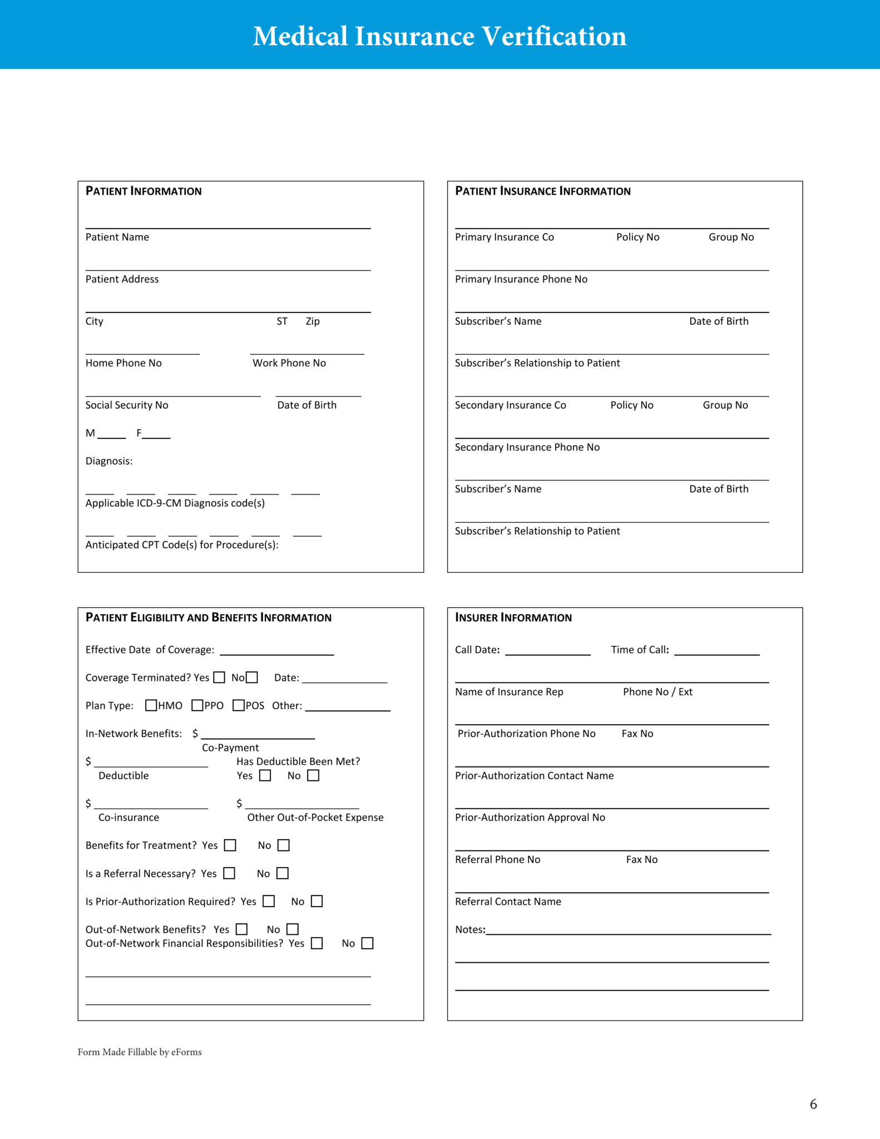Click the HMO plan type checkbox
[151, 705]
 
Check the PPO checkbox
[197, 705]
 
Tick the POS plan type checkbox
[239, 705]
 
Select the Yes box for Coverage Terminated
[219, 677]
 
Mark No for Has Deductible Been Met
[313, 775]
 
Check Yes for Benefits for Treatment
[230, 845]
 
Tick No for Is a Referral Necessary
[283, 873]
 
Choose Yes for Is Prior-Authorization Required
[269, 901]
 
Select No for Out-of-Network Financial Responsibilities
[367, 943]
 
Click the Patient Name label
[117, 237]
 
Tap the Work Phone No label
[289, 363]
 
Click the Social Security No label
[127, 405]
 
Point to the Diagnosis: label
[109, 461]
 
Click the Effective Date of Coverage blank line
[276, 651]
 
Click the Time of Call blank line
[716, 651]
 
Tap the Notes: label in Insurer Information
[470, 929]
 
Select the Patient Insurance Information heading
[543, 191]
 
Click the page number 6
[813, 1104]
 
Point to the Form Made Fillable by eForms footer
[140, 1052]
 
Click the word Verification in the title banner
[553, 36]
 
